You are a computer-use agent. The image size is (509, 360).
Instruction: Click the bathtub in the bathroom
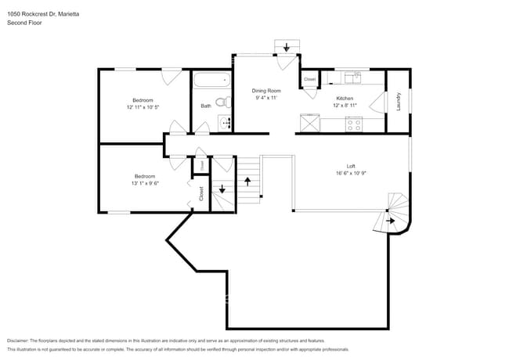pos(212,79)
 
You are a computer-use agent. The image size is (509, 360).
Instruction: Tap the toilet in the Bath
pos(222,102)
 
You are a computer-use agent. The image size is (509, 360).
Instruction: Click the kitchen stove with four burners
pos(354,122)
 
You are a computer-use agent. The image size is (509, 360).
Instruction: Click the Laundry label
pos(399,101)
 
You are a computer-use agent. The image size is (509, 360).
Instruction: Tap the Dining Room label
pos(265,91)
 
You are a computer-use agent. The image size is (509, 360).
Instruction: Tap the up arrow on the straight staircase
pos(248,181)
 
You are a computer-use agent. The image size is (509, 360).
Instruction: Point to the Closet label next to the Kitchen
pos(309,80)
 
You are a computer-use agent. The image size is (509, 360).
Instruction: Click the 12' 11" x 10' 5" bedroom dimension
pos(143,106)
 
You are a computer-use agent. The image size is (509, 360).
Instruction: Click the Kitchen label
pos(345,99)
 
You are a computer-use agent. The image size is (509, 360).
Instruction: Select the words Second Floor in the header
pos(24,23)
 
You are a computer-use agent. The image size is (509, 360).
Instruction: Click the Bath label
pos(205,106)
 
